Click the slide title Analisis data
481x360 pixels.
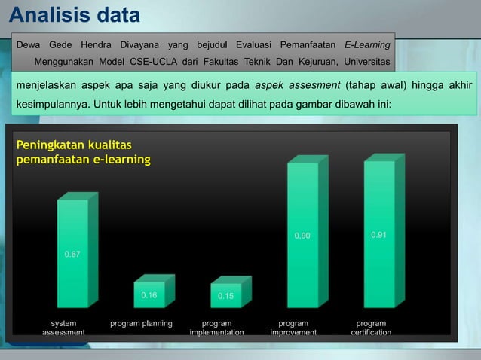click(x=75, y=15)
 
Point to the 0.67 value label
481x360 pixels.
click(x=72, y=255)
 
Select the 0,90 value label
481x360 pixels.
click(x=302, y=236)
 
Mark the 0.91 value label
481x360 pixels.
click(x=379, y=235)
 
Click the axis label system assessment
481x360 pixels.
click(x=63, y=328)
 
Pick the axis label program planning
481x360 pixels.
click(x=141, y=323)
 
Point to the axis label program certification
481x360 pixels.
click(x=371, y=328)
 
